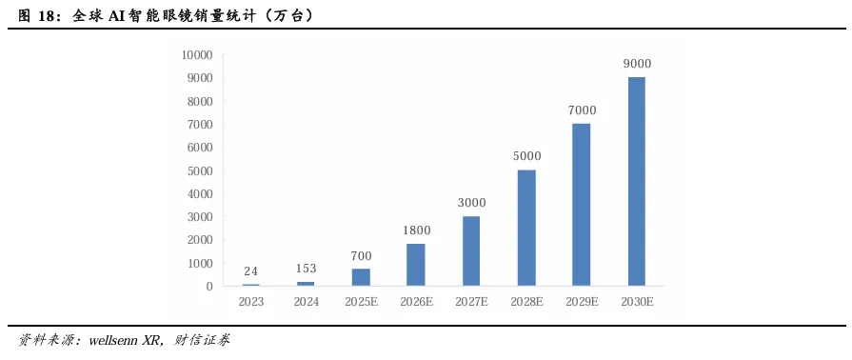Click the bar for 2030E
point(636,182)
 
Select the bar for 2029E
point(582,205)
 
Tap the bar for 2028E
point(526,228)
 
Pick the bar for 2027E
point(471,251)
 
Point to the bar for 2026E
point(416,265)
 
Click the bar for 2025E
point(361,277)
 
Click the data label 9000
point(636,64)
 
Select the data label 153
point(306,269)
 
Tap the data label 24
point(250,271)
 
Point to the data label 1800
point(416,230)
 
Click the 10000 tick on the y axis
point(197,55)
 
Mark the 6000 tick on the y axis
point(200,148)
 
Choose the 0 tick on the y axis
point(209,286)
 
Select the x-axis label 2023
point(250,302)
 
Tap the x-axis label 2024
point(306,302)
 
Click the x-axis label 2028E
point(526,302)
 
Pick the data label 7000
point(582,110)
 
